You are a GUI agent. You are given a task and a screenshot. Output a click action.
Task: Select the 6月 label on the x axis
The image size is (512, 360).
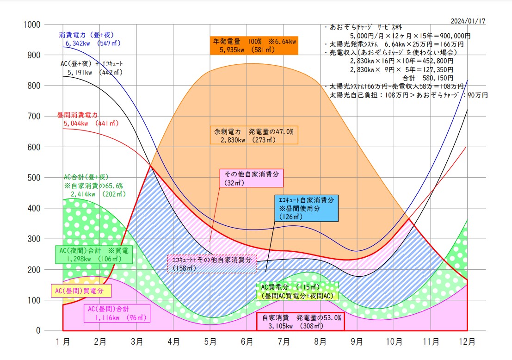click(x=247, y=342)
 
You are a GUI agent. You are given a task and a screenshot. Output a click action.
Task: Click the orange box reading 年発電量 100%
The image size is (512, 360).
click(x=254, y=45)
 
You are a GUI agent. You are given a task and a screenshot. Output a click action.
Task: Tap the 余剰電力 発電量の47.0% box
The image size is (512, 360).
click(x=254, y=135)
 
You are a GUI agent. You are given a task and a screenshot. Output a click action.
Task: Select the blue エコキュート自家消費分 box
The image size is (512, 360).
click(x=305, y=208)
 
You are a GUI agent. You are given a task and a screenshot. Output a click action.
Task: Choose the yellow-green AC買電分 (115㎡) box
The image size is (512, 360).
click(x=299, y=291)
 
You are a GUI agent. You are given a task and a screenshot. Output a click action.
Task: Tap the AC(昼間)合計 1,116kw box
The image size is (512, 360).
click(x=117, y=313)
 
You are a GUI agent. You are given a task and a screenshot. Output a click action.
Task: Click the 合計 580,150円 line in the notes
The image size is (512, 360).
click(x=428, y=78)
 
